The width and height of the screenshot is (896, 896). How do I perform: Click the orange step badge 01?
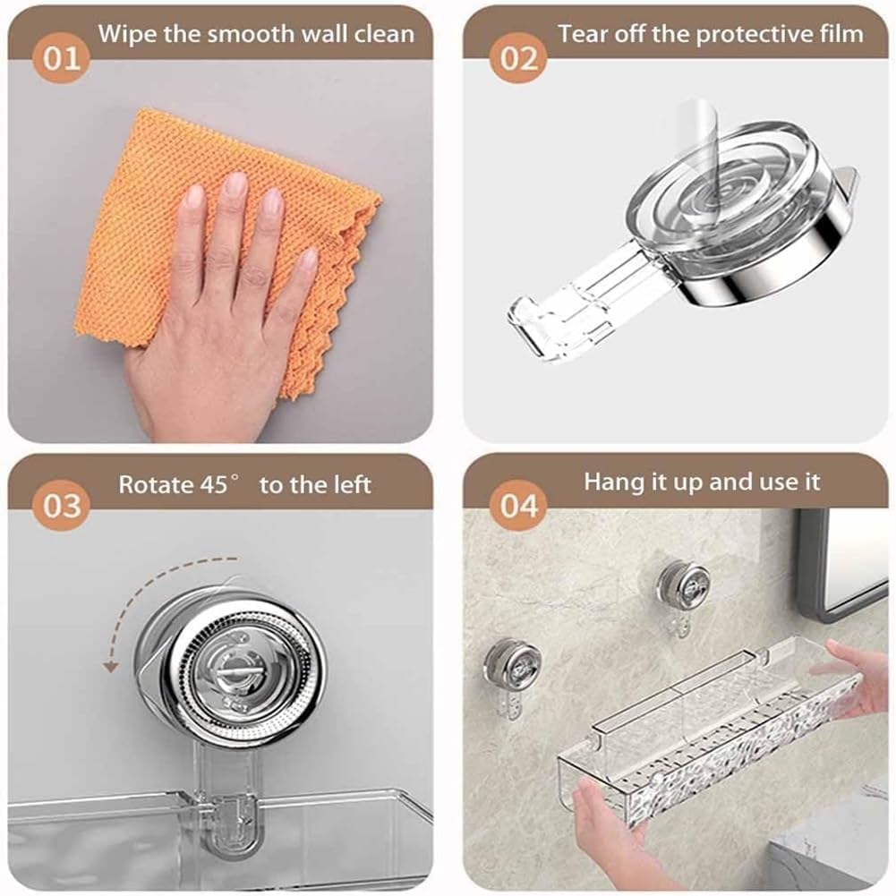pyautogui.click(x=61, y=57)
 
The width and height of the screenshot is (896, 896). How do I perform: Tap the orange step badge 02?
pyautogui.click(x=519, y=57)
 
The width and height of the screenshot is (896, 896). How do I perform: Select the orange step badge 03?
pyautogui.click(x=61, y=505)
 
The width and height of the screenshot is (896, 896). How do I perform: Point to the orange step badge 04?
pyautogui.click(x=519, y=505)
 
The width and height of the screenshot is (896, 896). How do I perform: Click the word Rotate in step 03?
pyautogui.click(x=156, y=484)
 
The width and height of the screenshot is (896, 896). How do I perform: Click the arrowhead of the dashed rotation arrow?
pyautogui.click(x=111, y=666)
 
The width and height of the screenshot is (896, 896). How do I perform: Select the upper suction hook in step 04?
pyautogui.click(x=683, y=594)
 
